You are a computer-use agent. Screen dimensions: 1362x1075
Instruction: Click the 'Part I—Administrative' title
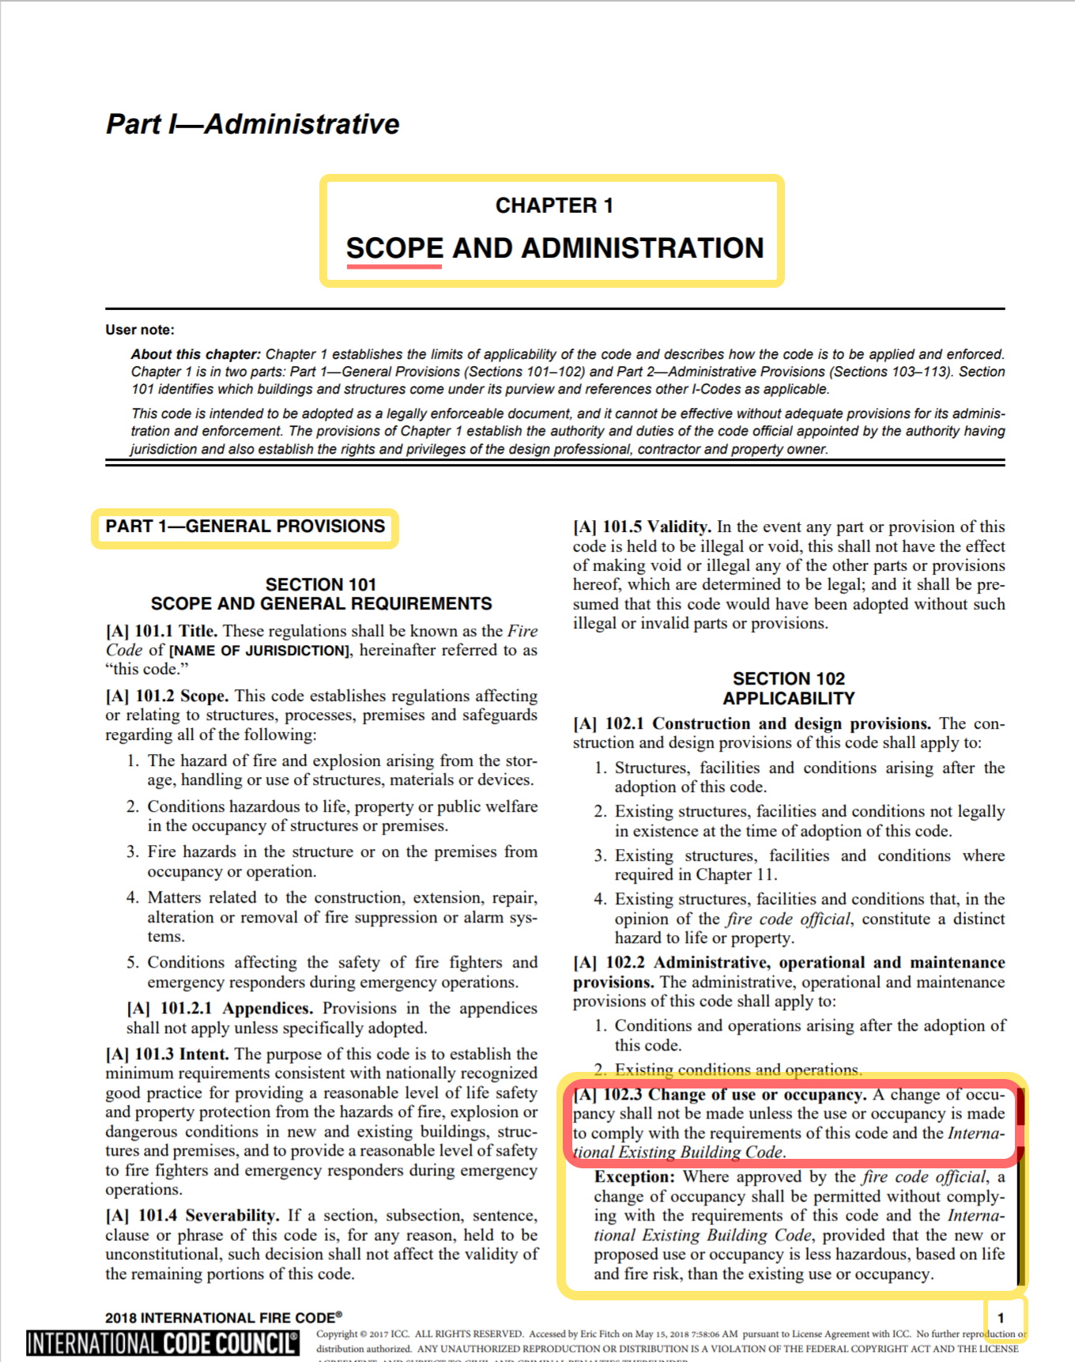coord(252,124)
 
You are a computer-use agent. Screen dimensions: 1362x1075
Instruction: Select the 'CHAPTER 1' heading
coord(553,206)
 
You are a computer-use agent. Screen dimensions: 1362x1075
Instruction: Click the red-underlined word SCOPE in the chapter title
coord(394,248)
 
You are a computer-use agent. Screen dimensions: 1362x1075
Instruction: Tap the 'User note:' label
coord(140,330)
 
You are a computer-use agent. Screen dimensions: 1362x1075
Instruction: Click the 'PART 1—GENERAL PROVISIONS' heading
coord(245,526)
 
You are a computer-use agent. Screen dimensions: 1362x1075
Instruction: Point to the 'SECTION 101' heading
coord(320,585)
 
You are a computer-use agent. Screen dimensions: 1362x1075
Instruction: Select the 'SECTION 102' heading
coord(788,679)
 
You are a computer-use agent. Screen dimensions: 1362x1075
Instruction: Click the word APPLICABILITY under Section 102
coord(788,699)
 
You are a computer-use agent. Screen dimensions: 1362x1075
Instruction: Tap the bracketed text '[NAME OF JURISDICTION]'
coord(259,651)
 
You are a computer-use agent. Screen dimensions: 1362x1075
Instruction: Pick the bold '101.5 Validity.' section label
coord(656,527)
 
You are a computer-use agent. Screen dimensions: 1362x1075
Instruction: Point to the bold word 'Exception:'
coord(634,1177)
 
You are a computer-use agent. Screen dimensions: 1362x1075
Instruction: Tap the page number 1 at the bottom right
coord(1001,1318)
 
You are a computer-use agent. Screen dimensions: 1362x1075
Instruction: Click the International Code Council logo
coord(163,1343)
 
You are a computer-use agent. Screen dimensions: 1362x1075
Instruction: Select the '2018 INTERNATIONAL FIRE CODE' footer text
coord(223,1318)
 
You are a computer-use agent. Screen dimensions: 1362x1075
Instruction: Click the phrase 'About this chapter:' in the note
coord(195,354)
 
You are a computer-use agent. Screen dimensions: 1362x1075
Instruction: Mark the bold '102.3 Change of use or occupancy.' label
coord(734,1095)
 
